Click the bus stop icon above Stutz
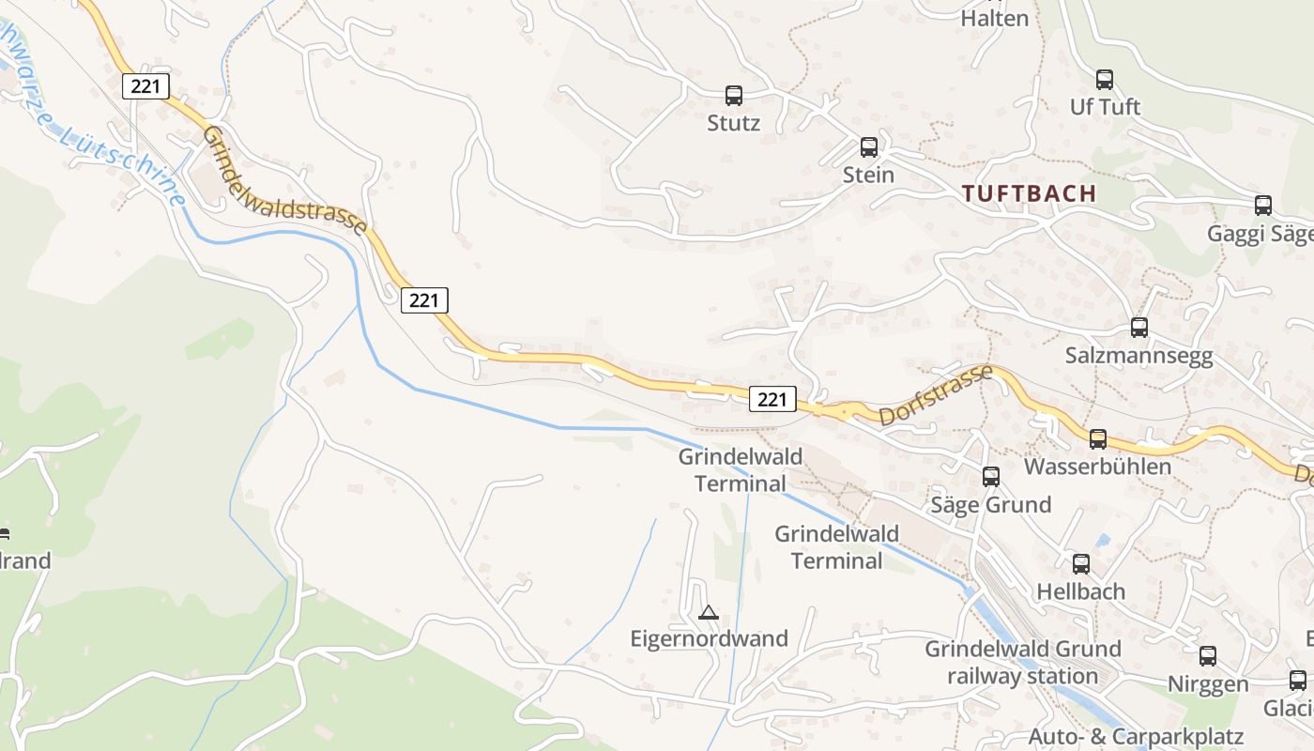pyautogui.click(x=734, y=95)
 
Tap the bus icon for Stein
pyautogui.click(x=869, y=146)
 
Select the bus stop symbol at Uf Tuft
pyautogui.click(x=1105, y=80)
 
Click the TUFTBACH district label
pyautogui.click(x=1030, y=193)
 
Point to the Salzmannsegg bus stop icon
pyautogui.click(x=1139, y=328)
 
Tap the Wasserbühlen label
pyautogui.click(x=1098, y=467)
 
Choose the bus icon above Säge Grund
pyautogui.click(x=991, y=477)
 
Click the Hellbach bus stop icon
pyautogui.click(x=1081, y=564)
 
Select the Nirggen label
pyautogui.click(x=1208, y=684)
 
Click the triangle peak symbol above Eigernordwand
pyautogui.click(x=709, y=613)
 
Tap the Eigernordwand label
pyautogui.click(x=709, y=639)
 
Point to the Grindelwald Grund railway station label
pyautogui.click(x=1023, y=662)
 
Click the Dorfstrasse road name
pyautogui.click(x=936, y=395)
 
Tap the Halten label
pyautogui.click(x=995, y=18)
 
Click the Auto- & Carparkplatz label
pyautogui.click(x=1136, y=736)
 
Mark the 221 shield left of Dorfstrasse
pyautogui.click(x=772, y=399)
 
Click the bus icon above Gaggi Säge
pyautogui.click(x=1263, y=206)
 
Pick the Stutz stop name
pyautogui.click(x=734, y=123)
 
